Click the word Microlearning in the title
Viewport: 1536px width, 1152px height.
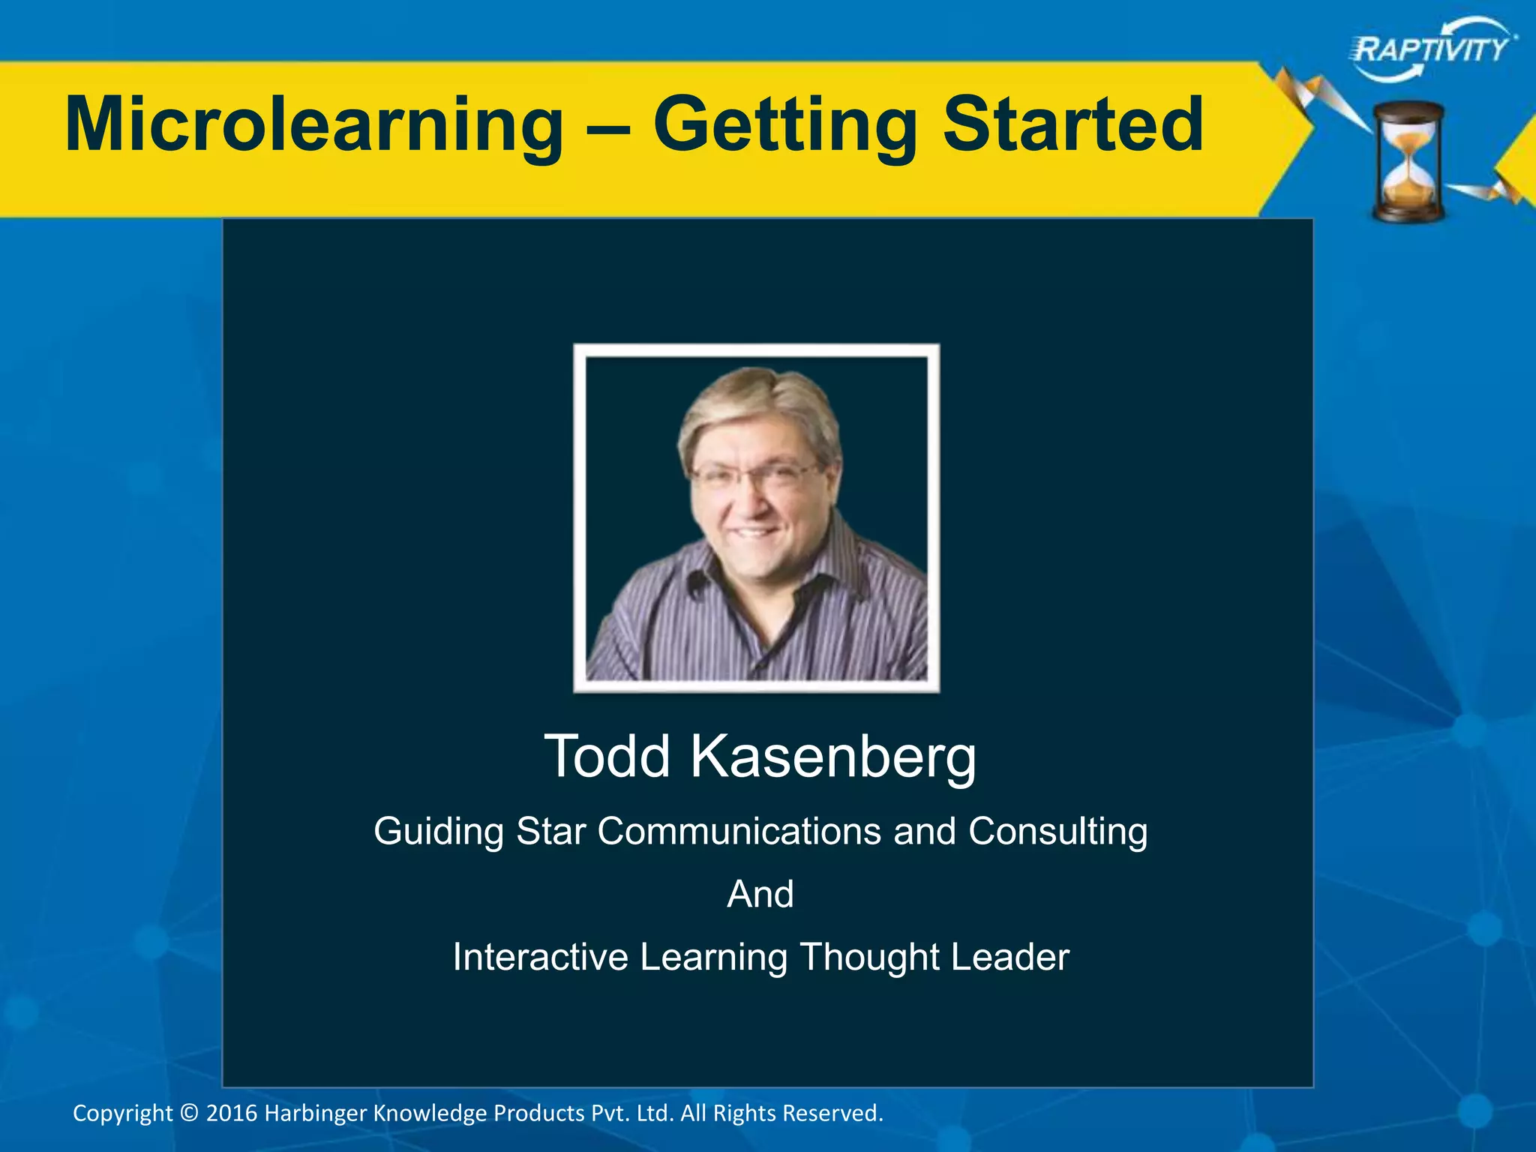click(313, 124)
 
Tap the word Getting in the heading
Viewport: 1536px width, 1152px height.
click(784, 124)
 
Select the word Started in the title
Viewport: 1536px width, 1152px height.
click(1072, 124)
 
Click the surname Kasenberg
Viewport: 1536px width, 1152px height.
click(833, 757)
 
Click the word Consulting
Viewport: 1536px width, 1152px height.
click(1057, 832)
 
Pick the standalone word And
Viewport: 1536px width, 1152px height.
click(760, 894)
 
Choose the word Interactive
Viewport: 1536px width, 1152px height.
click(540, 957)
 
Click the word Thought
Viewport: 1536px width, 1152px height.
click(869, 957)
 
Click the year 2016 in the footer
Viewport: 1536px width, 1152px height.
click(232, 1113)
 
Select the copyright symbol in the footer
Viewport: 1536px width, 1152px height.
click(190, 1113)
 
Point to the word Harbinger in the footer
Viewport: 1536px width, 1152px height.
click(316, 1113)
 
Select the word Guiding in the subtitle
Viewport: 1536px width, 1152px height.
click(439, 832)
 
